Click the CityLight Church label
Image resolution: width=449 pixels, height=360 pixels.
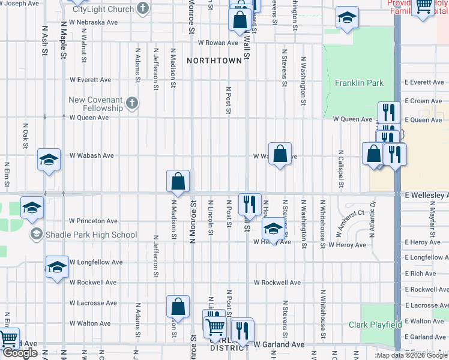[103, 10]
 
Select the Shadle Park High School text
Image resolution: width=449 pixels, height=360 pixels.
[91, 235]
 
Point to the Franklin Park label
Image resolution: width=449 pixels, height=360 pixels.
[359, 83]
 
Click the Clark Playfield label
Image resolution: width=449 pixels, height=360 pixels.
[375, 325]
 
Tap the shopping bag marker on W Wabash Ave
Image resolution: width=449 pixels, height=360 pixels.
[280, 154]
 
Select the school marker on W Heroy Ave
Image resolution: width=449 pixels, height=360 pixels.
[273, 229]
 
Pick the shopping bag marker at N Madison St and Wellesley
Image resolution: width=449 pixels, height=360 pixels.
[178, 181]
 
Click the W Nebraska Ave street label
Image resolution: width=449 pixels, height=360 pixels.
[94, 22]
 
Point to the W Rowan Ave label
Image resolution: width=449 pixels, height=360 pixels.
[218, 43]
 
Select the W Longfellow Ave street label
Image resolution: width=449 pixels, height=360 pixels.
[96, 262]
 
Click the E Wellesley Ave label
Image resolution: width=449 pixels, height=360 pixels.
[426, 196]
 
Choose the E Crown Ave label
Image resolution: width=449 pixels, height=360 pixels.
[423, 101]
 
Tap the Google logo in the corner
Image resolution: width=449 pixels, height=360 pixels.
[20, 353]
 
